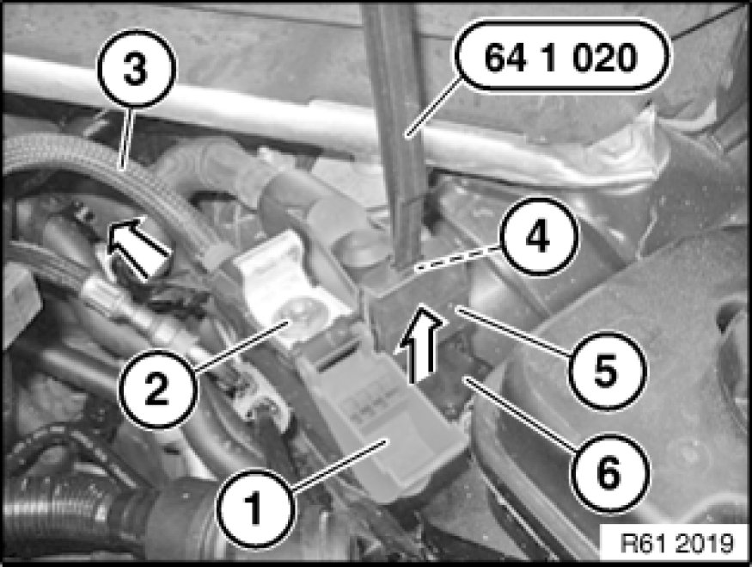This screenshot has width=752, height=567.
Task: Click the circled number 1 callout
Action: (x=254, y=508)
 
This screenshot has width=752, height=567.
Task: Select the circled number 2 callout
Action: (x=157, y=388)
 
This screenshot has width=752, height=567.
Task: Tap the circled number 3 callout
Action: (x=137, y=68)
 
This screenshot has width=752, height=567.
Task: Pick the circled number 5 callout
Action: (x=606, y=370)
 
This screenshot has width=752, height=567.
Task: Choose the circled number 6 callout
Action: (x=609, y=472)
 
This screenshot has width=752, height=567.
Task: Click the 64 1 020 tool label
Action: (x=561, y=57)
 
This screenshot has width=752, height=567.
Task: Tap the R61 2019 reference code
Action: (x=676, y=544)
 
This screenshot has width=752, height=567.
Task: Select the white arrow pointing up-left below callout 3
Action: (x=137, y=246)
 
